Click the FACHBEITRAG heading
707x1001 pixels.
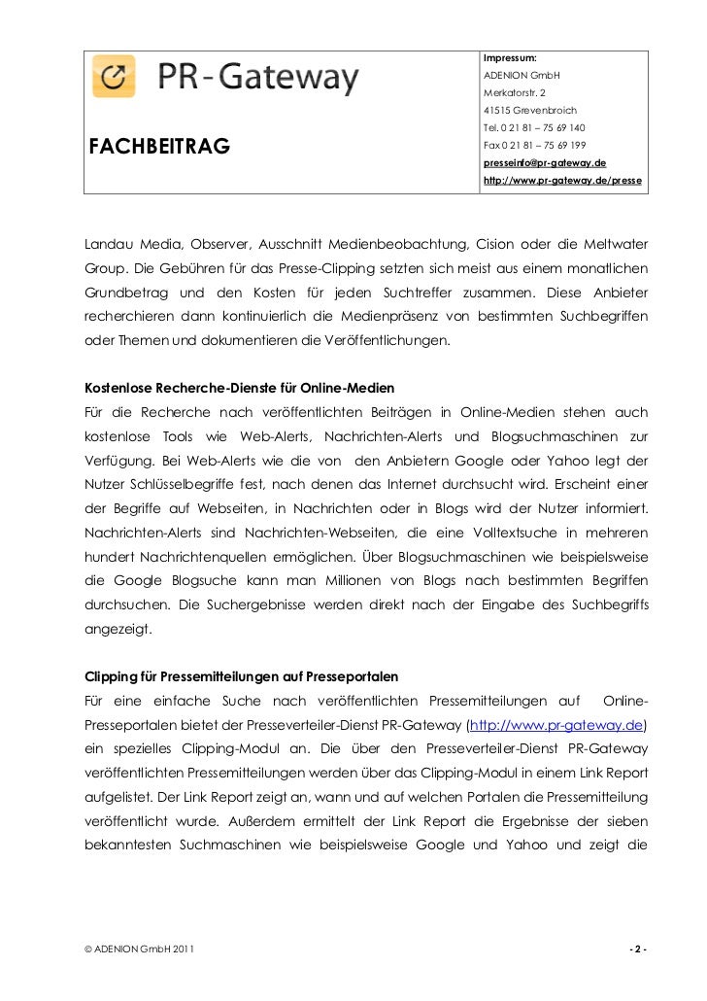pos(159,147)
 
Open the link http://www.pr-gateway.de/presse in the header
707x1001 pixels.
pos(561,182)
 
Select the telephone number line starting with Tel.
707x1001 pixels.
pos(533,128)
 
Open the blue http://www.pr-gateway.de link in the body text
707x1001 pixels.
pos(556,726)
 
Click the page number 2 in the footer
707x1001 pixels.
pos(637,949)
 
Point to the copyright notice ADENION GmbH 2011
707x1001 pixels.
pos(137,949)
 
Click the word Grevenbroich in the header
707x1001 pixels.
pos(543,111)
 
